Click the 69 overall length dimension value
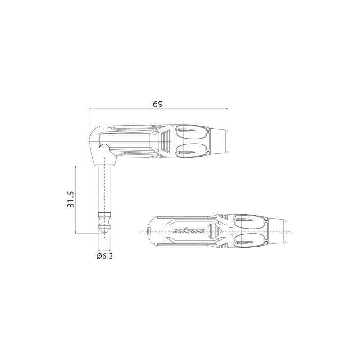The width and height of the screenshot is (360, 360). click(x=157, y=104)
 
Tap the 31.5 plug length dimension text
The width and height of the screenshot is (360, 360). click(x=71, y=198)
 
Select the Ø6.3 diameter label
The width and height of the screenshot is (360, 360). click(x=104, y=256)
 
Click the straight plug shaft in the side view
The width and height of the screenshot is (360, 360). click(x=104, y=189)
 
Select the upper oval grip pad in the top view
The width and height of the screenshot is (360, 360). click(x=249, y=220)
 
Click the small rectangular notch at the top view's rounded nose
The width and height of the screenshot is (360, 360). click(x=149, y=231)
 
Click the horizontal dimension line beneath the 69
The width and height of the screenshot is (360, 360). click(x=157, y=109)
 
